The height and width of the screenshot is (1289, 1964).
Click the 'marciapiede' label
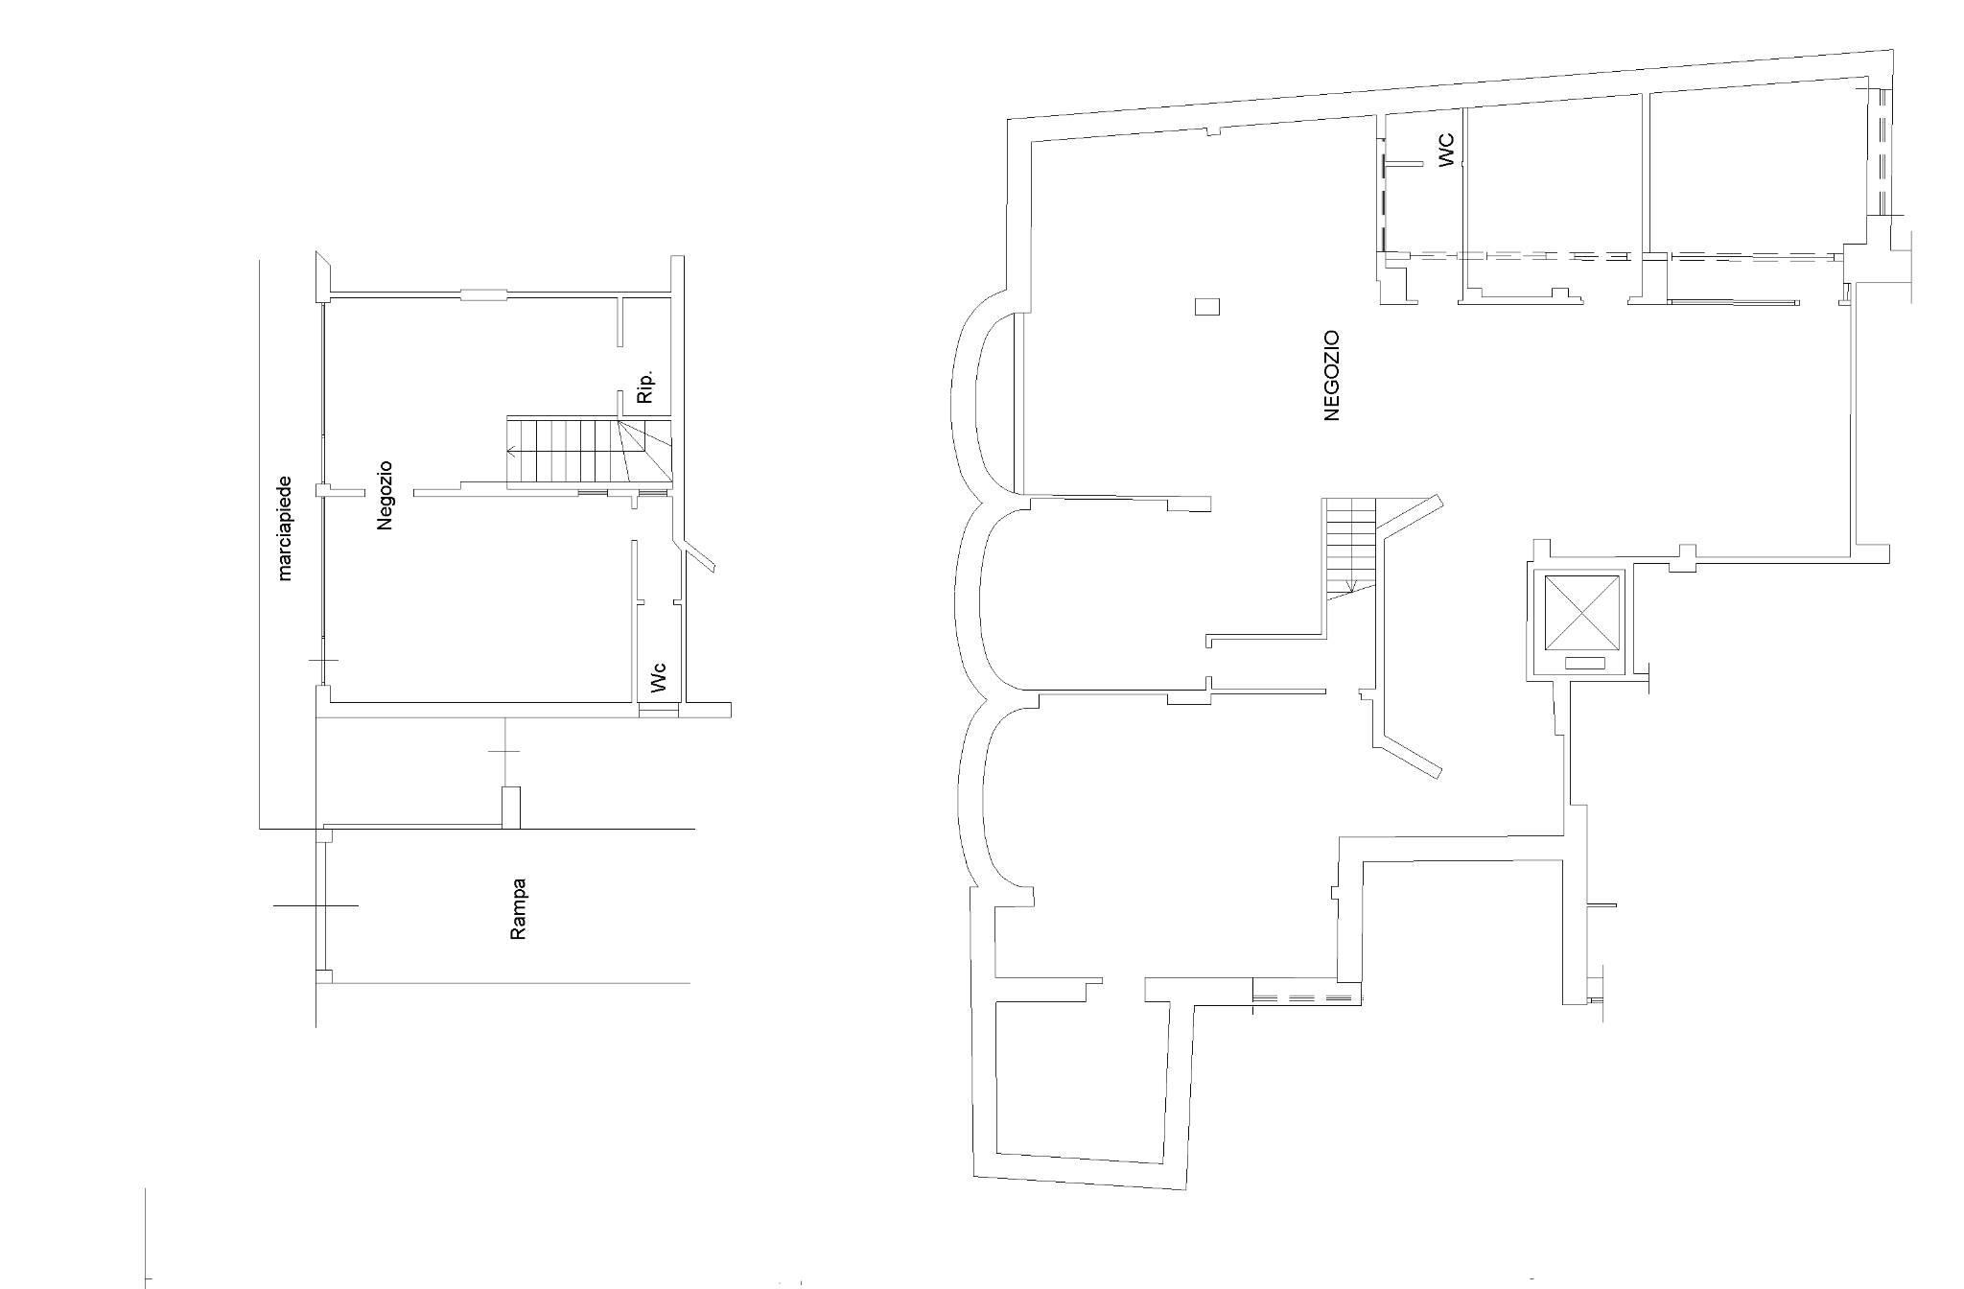click(x=285, y=528)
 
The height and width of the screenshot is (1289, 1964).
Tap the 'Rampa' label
click(x=518, y=909)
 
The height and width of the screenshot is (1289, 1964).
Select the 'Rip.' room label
click(x=645, y=386)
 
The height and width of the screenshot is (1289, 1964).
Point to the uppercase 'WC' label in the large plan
click(x=1446, y=150)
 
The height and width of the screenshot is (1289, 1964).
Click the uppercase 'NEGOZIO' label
click(x=1330, y=375)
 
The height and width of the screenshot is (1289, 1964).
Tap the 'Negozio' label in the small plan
click(x=386, y=496)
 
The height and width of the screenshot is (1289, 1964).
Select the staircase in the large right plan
click(x=1349, y=547)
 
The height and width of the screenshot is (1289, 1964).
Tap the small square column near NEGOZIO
click(x=1206, y=307)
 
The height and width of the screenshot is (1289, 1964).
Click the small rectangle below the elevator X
click(x=1584, y=663)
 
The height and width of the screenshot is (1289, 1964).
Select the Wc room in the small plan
click(x=658, y=652)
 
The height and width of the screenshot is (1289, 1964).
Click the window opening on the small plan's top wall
click(x=484, y=293)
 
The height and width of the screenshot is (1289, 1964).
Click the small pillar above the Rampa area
click(x=511, y=807)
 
